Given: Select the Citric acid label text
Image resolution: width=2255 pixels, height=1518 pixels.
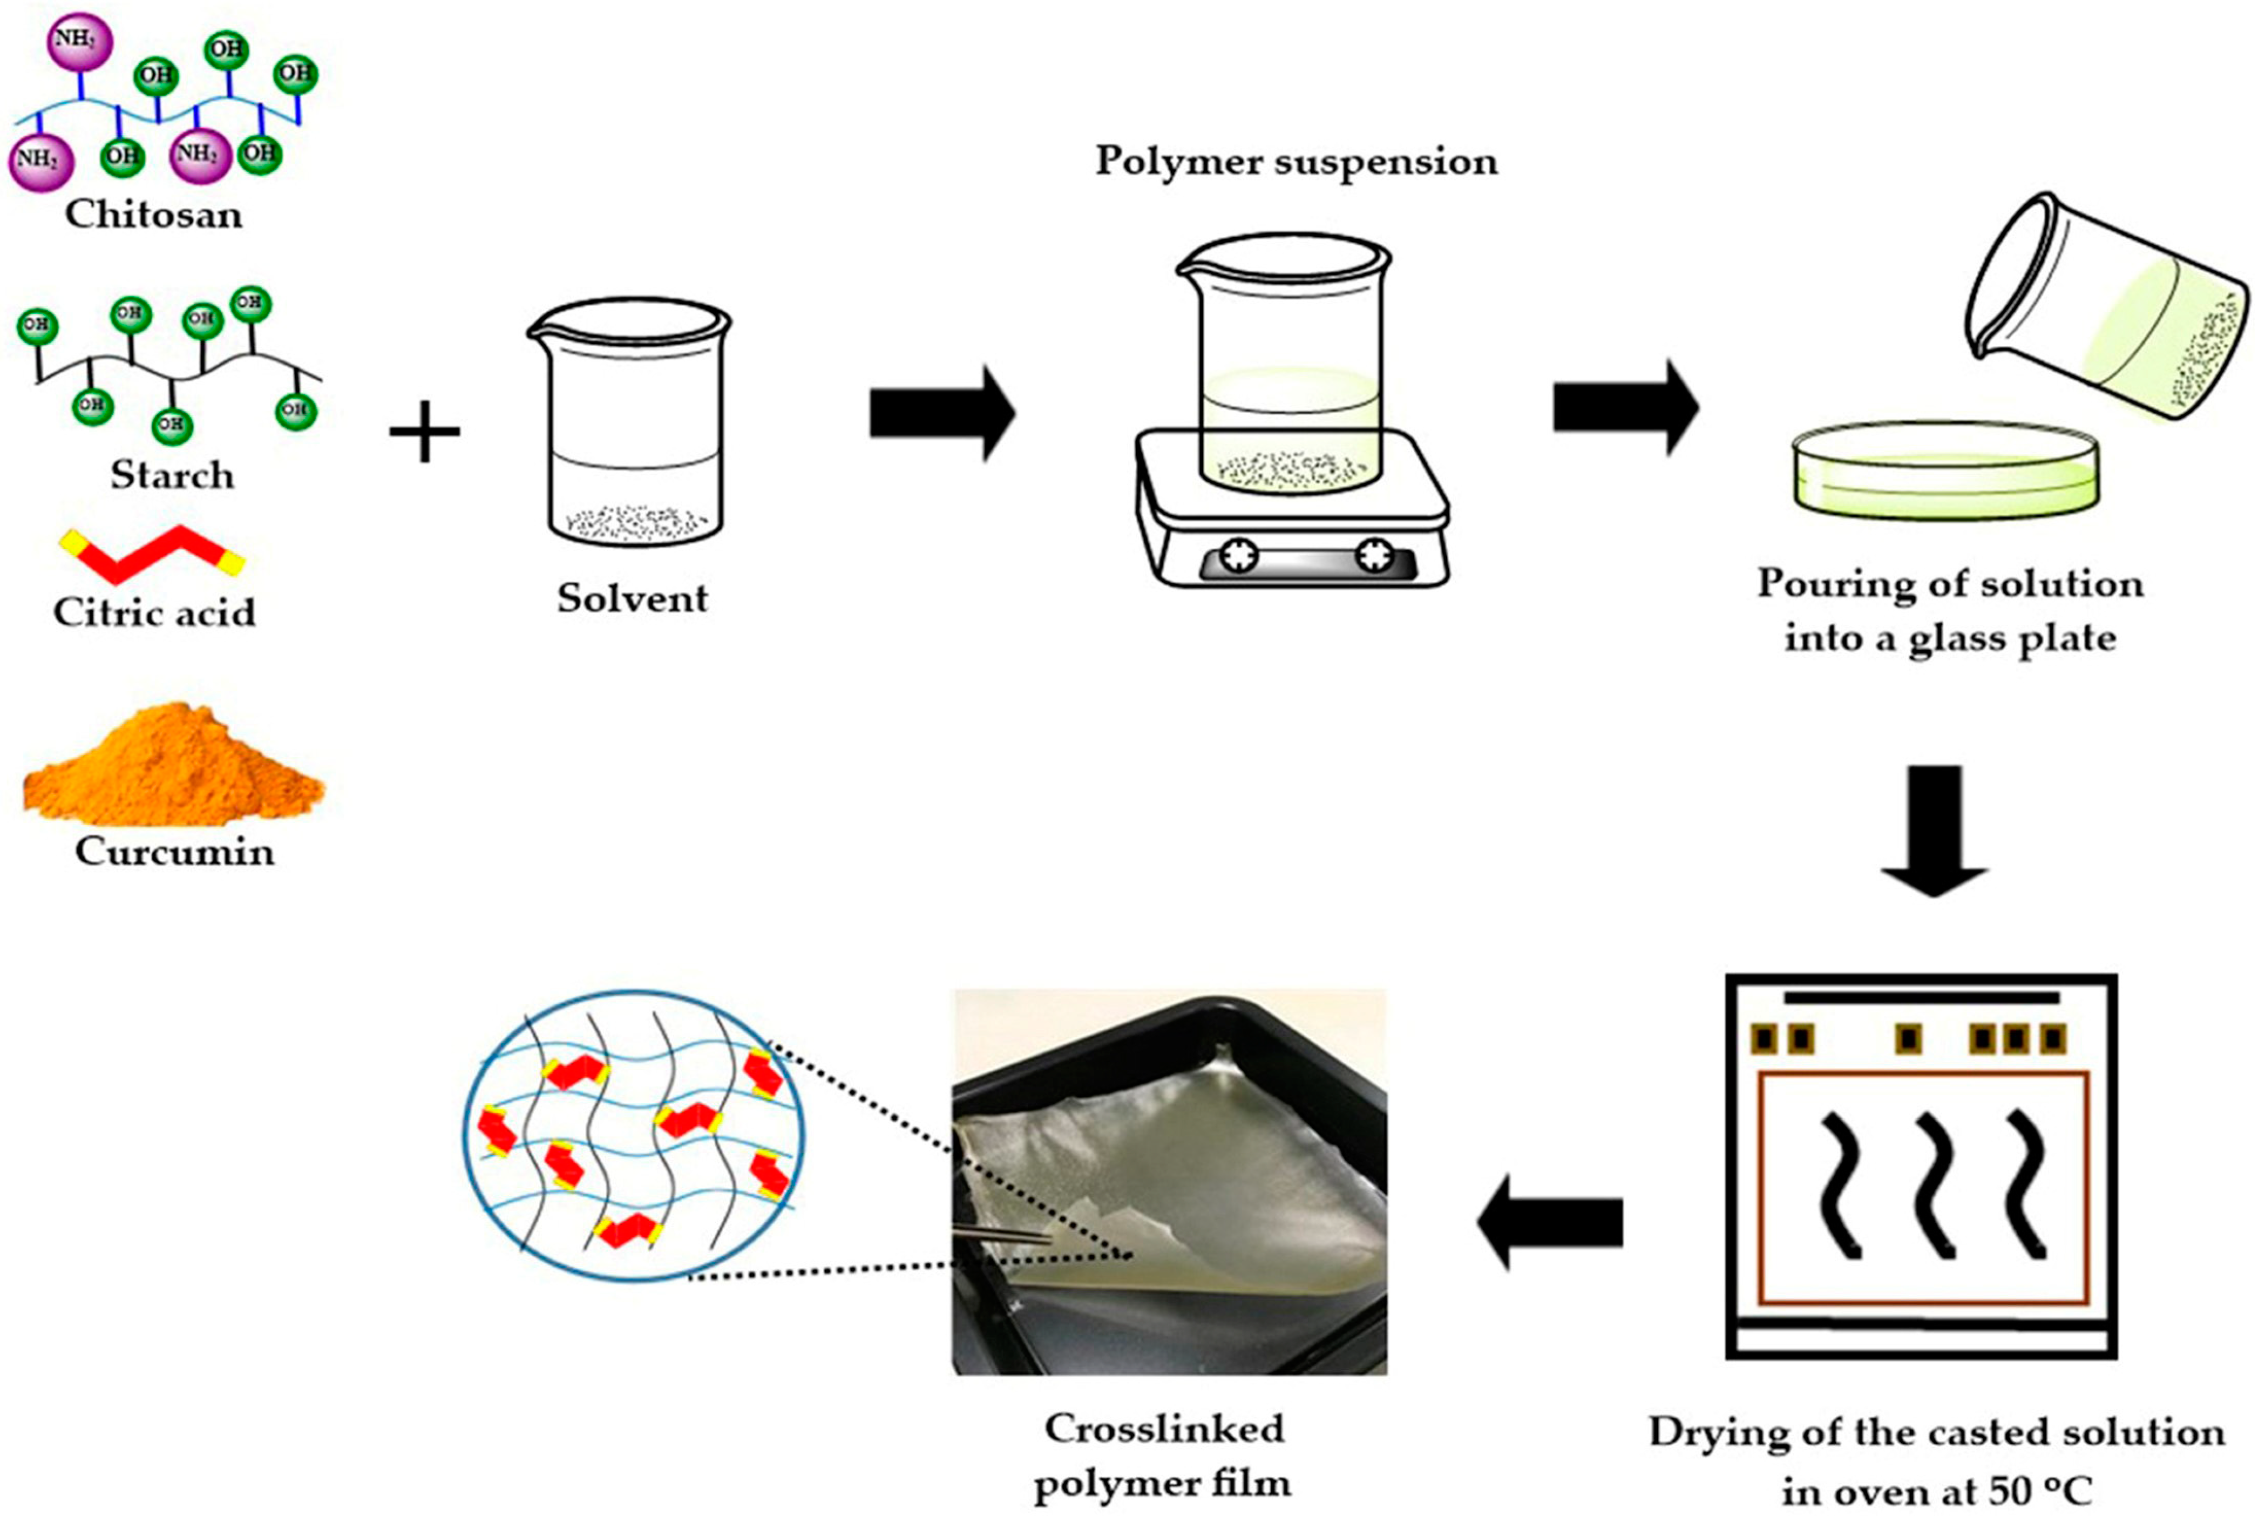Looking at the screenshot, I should (x=154, y=613).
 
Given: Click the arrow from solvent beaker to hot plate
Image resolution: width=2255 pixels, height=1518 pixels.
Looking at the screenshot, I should (x=941, y=414).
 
